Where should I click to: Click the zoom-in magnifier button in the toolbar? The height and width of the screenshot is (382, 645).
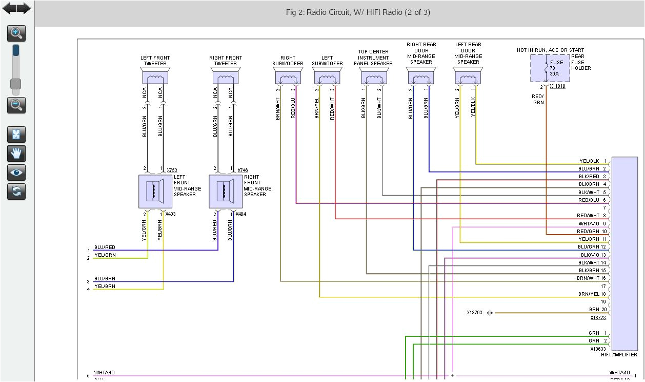(16, 34)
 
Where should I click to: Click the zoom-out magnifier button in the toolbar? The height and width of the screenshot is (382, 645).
(16, 105)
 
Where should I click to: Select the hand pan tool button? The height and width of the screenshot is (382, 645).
(16, 154)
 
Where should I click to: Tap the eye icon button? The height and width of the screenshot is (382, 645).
(16, 173)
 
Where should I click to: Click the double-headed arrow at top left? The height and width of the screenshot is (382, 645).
(16, 8)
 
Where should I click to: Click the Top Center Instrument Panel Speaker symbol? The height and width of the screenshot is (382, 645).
(374, 77)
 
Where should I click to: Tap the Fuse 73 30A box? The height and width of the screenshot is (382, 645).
(550, 68)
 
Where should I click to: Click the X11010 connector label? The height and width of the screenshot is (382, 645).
(557, 86)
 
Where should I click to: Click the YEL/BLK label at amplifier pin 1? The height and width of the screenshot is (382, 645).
(589, 161)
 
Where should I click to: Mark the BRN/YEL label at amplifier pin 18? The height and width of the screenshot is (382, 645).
(589, 294)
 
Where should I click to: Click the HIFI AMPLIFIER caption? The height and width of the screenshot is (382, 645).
(619, 355)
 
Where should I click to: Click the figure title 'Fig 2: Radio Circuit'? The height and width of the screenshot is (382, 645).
(358, 12)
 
